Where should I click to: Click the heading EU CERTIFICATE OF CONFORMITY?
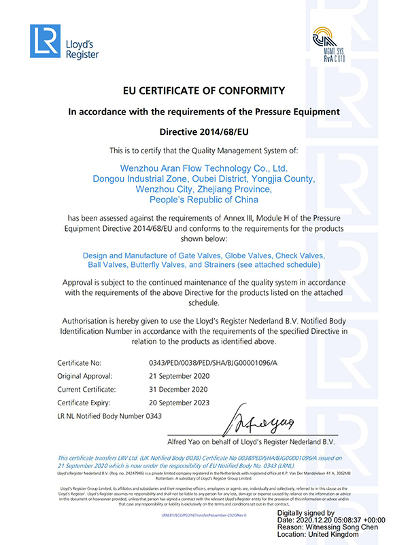click(x=203, y=91)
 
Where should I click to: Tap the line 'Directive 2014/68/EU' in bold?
click(x=203, y=129)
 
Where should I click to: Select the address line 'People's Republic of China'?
click(x=203, y=200)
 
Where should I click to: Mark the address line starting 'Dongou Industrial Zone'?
click(x=203, y=178)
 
